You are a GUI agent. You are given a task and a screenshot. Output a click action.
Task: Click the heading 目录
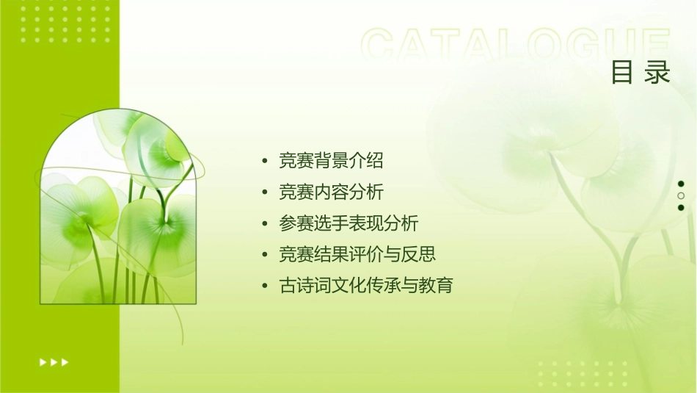641,72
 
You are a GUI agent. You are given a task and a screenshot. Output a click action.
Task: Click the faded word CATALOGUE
515,46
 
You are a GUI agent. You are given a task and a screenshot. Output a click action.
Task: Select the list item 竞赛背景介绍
331,160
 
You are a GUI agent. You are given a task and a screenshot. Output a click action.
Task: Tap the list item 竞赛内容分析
331,192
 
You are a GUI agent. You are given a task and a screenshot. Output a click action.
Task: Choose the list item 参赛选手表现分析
348,223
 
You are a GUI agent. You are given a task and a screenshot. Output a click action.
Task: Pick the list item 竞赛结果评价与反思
357,254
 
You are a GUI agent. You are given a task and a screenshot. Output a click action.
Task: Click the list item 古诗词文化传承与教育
366,285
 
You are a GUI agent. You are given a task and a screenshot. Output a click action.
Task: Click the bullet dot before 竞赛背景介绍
265,161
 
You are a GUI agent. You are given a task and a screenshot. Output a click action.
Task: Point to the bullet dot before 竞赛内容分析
265,193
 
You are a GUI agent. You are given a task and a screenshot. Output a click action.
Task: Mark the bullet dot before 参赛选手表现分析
265,224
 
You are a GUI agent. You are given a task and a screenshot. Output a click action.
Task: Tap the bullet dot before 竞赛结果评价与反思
265,255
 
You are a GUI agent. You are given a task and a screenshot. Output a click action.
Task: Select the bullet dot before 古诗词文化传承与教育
265,286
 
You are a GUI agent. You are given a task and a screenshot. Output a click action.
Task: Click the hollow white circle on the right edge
681,196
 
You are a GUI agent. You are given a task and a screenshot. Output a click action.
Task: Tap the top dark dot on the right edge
681,184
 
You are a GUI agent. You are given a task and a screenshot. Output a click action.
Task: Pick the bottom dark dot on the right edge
681,208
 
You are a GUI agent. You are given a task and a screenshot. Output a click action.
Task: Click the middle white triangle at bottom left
54,362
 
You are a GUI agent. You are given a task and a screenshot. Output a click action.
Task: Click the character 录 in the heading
658,72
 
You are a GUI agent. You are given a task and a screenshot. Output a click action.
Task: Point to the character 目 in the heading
623,72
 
